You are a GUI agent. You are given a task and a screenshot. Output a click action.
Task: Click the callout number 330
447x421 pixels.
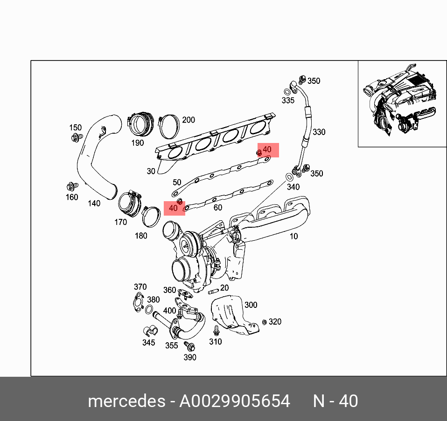point(319,132)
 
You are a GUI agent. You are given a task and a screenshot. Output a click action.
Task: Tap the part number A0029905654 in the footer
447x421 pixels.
point(235,401)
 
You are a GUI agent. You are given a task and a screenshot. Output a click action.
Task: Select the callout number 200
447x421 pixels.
point(188,120)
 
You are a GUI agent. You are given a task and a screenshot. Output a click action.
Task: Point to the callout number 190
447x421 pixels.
point(137,143)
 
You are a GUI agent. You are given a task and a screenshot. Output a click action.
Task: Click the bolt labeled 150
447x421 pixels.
point(75,137)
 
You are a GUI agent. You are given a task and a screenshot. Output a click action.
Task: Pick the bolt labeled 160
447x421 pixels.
point(72,187)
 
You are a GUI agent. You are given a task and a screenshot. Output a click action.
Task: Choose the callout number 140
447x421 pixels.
point(94,204)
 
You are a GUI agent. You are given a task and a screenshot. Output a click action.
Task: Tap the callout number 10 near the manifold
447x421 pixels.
point(293,237)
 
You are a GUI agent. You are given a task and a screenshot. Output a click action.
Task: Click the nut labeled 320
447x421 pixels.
point(265,322)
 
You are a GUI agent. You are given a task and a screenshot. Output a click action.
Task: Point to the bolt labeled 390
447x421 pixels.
point(190,346)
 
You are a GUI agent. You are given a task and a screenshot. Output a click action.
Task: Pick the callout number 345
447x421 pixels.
point(148,343)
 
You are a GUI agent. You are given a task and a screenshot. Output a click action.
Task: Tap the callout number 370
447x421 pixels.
point(140,287)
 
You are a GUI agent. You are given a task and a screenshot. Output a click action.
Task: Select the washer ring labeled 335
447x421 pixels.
point(286,92)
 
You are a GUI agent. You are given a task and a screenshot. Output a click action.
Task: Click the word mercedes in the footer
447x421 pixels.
point(126,401)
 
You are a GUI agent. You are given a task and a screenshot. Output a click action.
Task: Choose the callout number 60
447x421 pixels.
point(217,208)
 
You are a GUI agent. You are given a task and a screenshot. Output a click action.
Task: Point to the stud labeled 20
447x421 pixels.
point(213,292)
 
